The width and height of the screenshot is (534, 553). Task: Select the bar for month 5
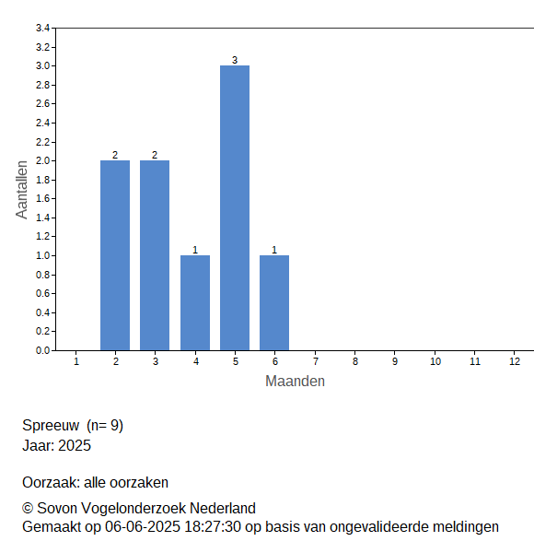pos(235,207)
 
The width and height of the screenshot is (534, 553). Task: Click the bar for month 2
pos(115,255)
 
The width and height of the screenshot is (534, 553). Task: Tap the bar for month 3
pos(155,255)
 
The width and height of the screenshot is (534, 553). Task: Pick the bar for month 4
pos(195,302)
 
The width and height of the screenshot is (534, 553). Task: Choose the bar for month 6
pos(274,302)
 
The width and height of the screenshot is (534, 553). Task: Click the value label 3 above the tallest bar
pos(235,60)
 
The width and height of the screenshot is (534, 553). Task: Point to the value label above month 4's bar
pos(195,250)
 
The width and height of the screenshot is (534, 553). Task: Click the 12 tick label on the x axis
pos(515,361)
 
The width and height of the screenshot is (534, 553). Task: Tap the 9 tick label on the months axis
pos(395,361)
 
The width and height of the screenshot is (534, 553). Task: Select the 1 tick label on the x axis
pos(76,361)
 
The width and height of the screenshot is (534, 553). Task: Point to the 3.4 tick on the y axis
pos(42,28)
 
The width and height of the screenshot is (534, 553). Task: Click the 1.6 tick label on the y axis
pos(42,198)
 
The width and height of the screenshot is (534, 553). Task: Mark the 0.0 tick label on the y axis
pos(42,350)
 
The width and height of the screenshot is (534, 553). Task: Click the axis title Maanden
pos(295,382)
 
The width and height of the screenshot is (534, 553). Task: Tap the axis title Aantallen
pos(22,190)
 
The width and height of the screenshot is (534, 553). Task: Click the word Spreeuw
pos(51,425)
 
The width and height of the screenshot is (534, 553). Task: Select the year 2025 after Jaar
pos(75,446)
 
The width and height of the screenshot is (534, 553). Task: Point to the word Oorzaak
pos(51,482)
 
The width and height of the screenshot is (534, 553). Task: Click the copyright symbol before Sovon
pos(28,509)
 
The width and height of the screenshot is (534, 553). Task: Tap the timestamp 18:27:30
pos(213,527)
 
